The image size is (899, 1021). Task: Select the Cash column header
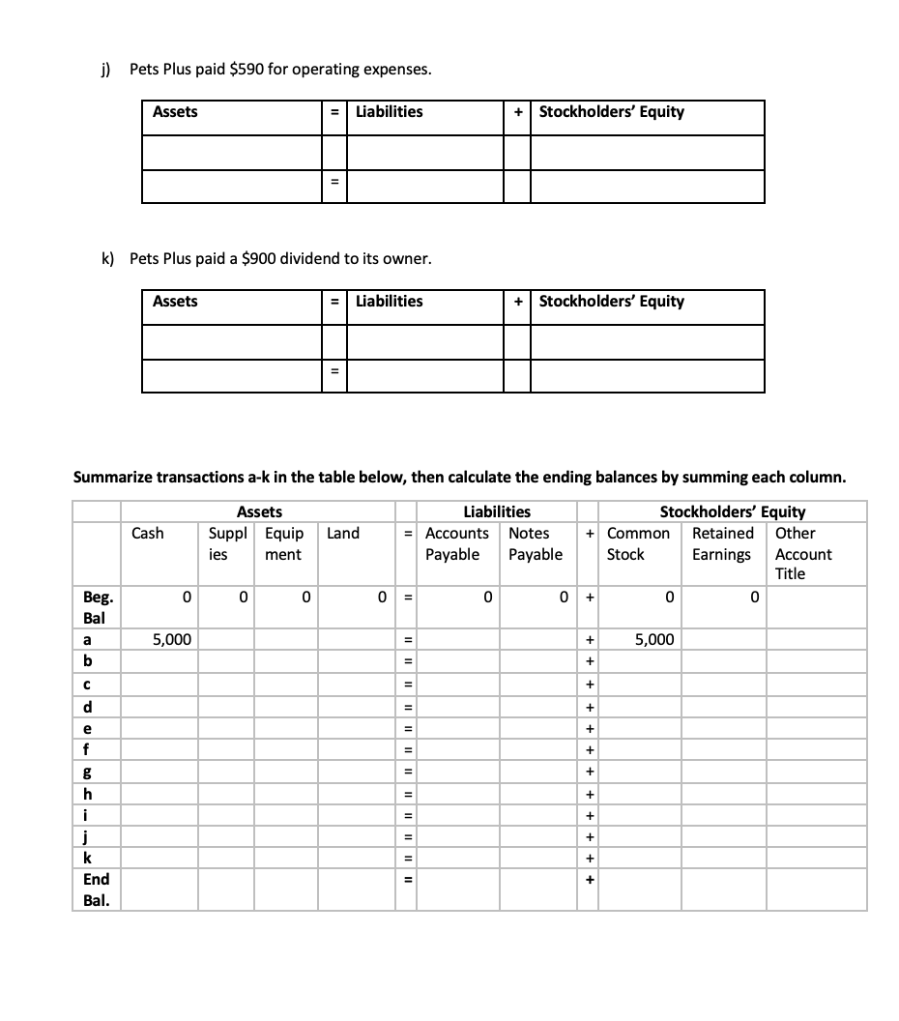[x=148, y=534]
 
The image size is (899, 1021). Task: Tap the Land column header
[x=343, y=534]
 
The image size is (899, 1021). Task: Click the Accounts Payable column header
[x=455, y=543]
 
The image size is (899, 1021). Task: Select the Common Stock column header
[x=637, y=543]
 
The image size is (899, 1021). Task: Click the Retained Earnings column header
[x=722, y=543]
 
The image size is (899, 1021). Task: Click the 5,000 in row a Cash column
[x=172, y=639]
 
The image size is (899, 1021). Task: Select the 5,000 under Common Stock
[x=654, y=639]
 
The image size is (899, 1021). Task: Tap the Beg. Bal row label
[x=96, y=607]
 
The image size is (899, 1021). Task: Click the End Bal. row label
[x=96, y=890]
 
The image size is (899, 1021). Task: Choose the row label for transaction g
[x=88, y=773]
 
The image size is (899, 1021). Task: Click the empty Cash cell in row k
[x=159, y=858]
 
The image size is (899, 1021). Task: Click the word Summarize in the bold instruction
[x=114, y=478]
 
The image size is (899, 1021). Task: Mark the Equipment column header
[x=283, y=543]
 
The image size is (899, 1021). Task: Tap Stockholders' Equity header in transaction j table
[x=611, y=112]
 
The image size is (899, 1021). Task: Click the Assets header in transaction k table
[x=175, y=302]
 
